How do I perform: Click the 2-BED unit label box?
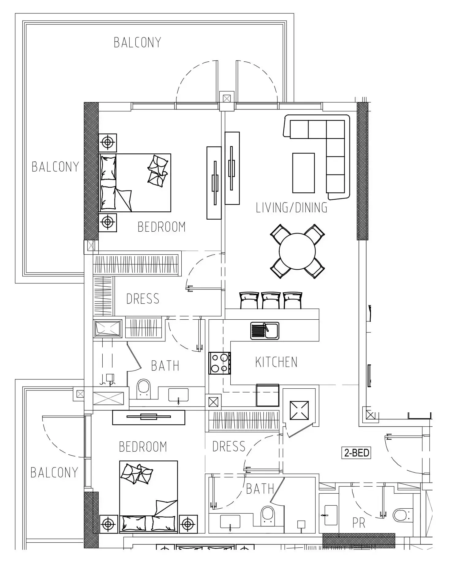[356, 453]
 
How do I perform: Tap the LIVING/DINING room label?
[292, 208]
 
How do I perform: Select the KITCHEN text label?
[276, 362]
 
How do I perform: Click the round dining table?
[297, 251]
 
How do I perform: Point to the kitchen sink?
[265, 331]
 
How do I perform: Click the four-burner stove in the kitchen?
[220, 363]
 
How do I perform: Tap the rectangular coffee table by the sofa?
[303, 173]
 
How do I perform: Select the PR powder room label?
[359, 523]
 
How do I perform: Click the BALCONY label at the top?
[138, 42]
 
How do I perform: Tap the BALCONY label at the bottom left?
[55, 472]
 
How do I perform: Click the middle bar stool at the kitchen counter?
[271, 300]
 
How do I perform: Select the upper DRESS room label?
[143, 299]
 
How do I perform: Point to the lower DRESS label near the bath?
[229, 447]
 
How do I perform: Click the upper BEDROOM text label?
[162, 227]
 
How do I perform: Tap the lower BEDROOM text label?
[143, 447]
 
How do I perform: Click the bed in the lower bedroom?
[148, 497]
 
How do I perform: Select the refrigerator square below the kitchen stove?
[268, 395]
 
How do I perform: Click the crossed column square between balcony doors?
[227, 98]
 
